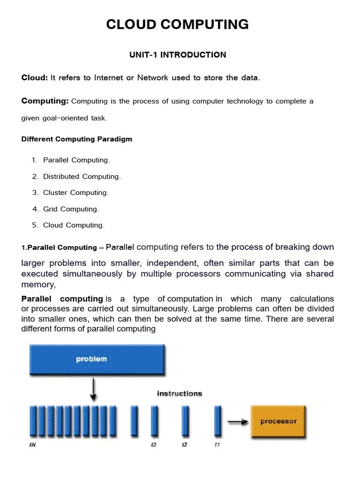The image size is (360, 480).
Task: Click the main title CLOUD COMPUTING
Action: (x=177, y=24)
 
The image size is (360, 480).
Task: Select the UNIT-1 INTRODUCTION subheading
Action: (x=178, y=55)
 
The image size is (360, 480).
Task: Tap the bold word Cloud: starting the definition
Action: (x=35, y=78)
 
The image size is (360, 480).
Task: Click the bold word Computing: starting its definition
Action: (x=45, y=101)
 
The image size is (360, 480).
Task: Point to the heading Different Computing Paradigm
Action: (x=77, y=139)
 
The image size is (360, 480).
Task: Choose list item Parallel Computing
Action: (x=76, y=160)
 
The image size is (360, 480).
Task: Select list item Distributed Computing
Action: (x=82, y=177)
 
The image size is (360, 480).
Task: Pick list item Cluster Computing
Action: (x=75, y=193)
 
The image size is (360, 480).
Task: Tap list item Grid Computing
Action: (x=71, y=209)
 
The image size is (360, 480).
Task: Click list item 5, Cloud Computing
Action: (x=74, y=225)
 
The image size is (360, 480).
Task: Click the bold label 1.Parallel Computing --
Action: (x=62, y=248)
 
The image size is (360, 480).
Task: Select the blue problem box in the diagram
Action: (x=97, y=360)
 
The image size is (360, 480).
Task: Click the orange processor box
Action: (x=278, y=421)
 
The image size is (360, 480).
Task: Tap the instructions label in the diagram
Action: (x=180, y=394)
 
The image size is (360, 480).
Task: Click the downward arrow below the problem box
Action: (x=94, y=389)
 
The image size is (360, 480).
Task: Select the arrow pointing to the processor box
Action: (x=238, y=422)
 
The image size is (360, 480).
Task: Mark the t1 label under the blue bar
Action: (x=217, y=445)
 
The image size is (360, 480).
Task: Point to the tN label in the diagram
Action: (x=32, y=445)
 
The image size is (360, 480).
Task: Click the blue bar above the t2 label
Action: (x=185, y=421)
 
